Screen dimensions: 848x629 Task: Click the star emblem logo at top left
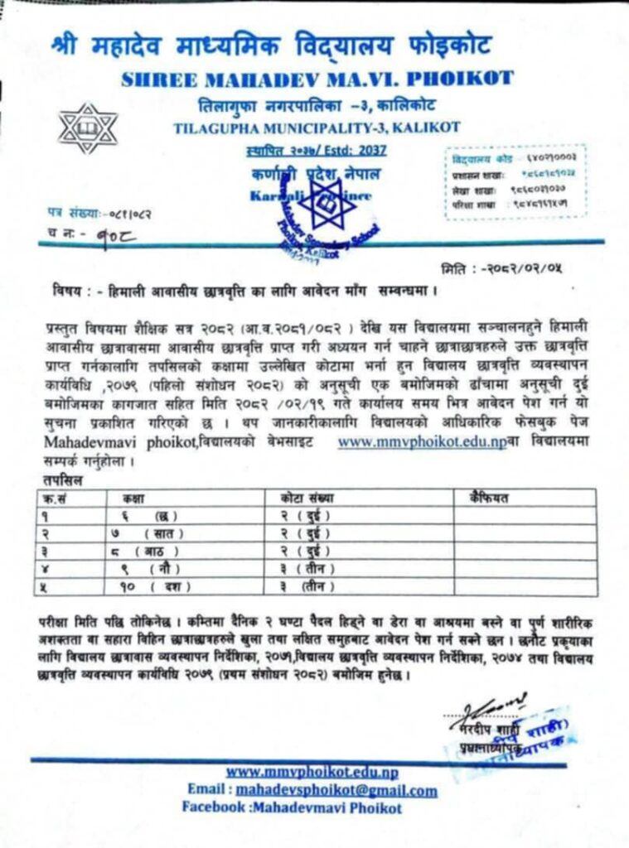(87, 129)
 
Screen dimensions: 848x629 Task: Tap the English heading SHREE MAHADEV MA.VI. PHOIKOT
(317, 79)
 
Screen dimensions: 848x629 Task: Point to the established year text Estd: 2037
(362, 150)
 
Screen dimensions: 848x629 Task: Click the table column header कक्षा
(133, 497)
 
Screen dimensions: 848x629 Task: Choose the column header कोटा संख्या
(306, 497)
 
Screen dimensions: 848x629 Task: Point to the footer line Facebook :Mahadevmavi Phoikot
(292, 807)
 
